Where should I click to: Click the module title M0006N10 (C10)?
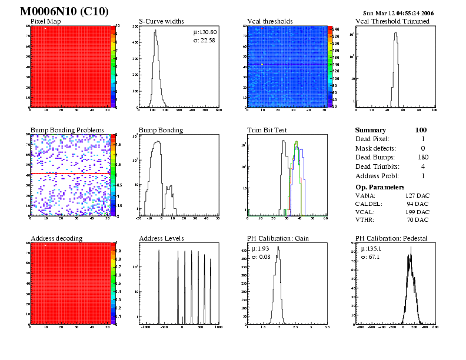(x=64, y=11)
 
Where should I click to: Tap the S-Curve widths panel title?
(x=161, y=22)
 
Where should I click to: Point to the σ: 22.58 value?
(x=204, y=41)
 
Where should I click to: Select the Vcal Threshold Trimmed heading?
(x=392, y=22)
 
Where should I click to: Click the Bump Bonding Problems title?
(x=67, y=130)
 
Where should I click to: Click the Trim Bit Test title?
(x=268, y=130)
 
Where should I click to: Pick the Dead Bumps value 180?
(x=422, y=157)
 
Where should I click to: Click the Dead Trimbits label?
(x=377, y=166)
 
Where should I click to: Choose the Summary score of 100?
(x=421, y=130)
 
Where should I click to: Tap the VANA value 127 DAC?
(x=417, y=195)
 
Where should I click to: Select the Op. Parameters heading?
(x=380, y=186)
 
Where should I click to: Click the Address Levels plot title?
(x=161, y=238)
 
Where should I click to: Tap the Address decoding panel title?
(x=56, y=238)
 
